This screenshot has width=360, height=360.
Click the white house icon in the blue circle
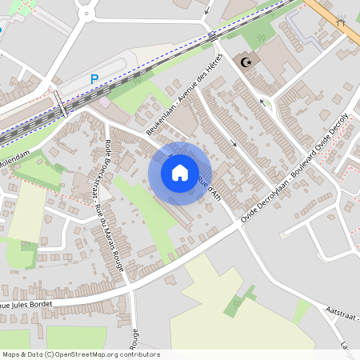(x=180, y=173)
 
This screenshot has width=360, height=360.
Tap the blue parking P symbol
(x=94, y=79)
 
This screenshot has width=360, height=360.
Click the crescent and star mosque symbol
(x=246, y=62)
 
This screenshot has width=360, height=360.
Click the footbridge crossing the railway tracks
(x=60, y=102)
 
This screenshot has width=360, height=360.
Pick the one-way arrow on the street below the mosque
(x=234, y=144)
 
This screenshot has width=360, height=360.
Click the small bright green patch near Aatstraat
(x=302, y=311)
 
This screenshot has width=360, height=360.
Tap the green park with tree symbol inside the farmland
(x=238, y=302)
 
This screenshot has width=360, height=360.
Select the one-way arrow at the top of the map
(x=208, y=10)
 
